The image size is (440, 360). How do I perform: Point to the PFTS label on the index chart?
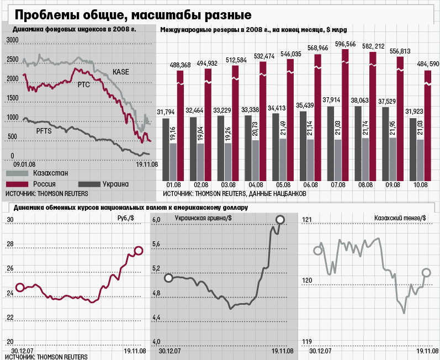[x=45, y=131]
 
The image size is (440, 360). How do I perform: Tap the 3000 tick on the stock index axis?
[x=13, y=40]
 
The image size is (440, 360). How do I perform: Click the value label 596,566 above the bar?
[x=345, y=44]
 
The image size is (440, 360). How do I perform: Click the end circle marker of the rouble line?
[x=139, y=251]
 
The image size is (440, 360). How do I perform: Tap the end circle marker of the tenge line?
[x=426, y=272]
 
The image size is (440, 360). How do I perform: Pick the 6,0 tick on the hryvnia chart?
[x=156, y=220]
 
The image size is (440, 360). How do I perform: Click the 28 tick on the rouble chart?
[x=9, y=244]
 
